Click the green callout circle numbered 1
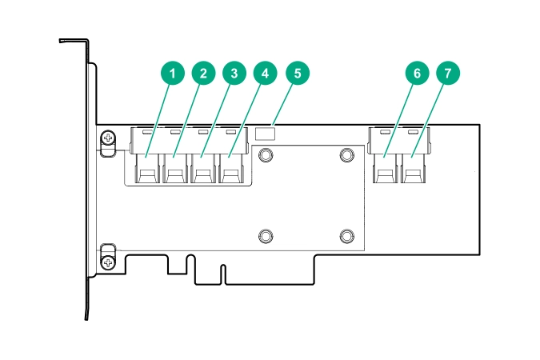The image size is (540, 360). click(171, 74)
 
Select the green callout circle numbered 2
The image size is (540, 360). click(203, 74)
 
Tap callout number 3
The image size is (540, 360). click(234, 74)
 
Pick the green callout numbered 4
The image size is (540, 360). click(266, 74)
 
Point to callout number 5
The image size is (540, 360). click(297, 74)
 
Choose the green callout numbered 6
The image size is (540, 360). click(416, 74)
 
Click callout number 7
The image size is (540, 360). click(448, 74)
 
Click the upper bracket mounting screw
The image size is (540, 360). click(108, 141)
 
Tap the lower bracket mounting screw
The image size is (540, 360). click(108, 262)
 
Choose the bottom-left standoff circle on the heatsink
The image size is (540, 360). click(266, 235)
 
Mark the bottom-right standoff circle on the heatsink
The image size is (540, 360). click(346, 235)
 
